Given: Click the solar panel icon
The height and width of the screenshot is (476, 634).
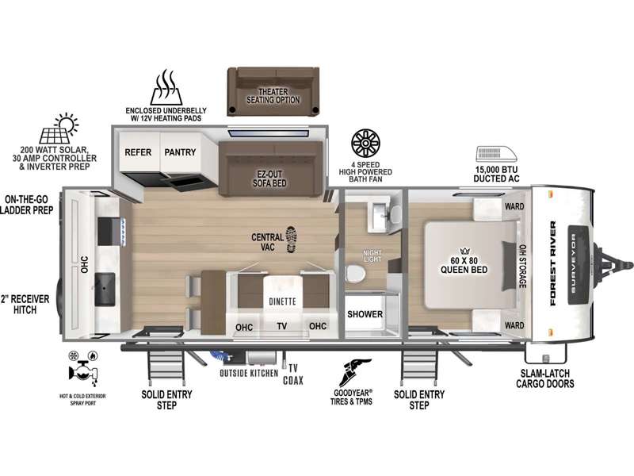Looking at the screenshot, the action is (x=59, y=129).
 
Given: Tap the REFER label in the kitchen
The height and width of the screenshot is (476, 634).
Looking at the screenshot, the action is (x=138, y=152).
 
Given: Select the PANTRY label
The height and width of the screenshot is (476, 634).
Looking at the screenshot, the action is (x=180, y=152).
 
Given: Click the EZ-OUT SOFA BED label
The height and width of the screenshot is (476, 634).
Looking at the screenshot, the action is (x=269, y=178).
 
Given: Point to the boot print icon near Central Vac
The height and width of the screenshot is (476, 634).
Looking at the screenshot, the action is (x=291, y=240).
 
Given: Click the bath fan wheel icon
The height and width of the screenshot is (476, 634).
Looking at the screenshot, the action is (x=365, y=144).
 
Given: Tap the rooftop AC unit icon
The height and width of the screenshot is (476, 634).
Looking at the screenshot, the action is (x=497, y=154).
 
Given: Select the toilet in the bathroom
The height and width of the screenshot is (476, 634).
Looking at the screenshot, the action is (x=356, y=273).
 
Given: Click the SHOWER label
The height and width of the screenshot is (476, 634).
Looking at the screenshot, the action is (x=365, y=314).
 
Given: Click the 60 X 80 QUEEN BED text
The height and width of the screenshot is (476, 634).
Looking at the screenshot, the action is (x=464, y=265).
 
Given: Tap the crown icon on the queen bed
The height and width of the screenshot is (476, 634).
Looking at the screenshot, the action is (x=464, y=251).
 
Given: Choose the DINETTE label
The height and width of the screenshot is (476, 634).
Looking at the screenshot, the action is (x=282, y=301).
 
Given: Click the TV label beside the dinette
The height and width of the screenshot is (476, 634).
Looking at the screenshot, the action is (x=282, y=326).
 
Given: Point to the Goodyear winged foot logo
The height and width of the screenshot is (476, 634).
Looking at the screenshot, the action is (x=353, y=372).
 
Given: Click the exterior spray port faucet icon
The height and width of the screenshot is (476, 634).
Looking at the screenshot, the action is (x=84, y=368).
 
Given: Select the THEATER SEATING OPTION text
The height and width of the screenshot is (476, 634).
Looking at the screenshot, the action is (x=273, y=96).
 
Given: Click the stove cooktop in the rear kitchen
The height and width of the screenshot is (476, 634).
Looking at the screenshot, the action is (x=109, y=232).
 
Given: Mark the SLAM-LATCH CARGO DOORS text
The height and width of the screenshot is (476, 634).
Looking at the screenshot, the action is (x=545, y=378).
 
